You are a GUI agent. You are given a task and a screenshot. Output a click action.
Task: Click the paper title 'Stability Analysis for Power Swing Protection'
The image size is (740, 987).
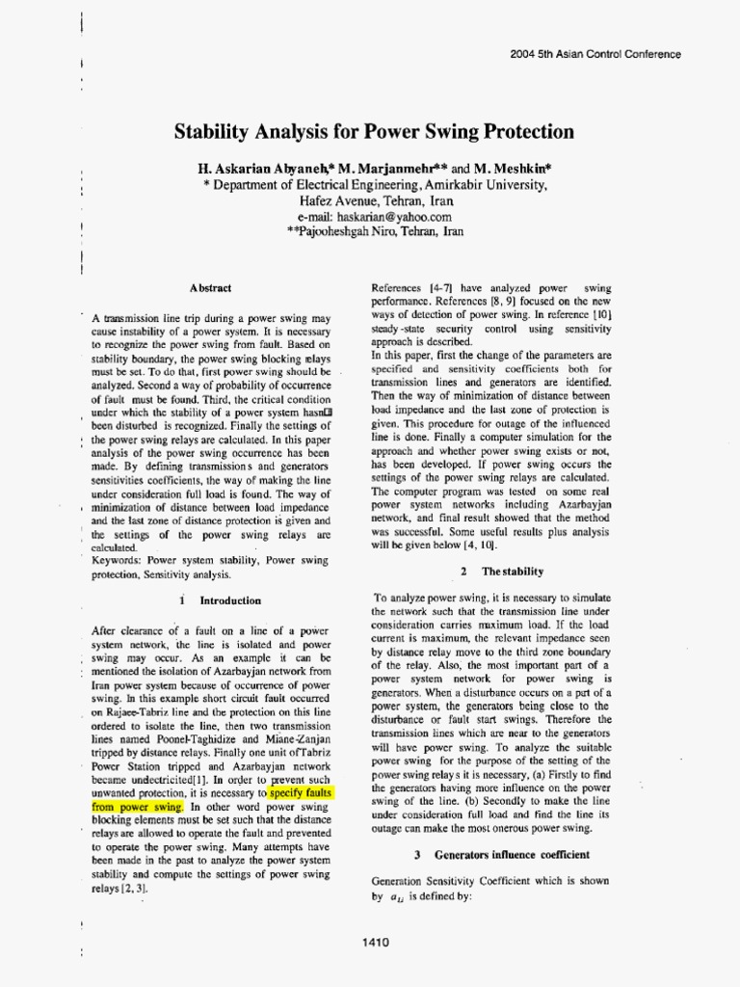[x=375, y=132]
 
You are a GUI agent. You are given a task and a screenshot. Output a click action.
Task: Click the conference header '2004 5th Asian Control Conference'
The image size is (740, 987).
[x=595, y=54]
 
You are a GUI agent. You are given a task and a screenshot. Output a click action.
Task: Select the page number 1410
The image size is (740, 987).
[x=376, y=942]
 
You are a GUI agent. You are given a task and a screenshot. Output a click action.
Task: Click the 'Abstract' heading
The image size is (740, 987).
[x=210, y=287]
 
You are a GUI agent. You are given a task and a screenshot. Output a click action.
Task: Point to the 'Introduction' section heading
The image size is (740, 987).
[x=230, y=600]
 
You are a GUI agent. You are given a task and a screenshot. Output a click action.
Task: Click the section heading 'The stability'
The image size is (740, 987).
[x=513, y=572]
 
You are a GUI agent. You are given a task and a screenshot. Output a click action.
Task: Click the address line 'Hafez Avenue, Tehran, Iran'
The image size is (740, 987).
[x=376, y=201]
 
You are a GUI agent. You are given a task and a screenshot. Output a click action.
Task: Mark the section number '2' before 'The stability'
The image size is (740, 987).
[x=463, y=572]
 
